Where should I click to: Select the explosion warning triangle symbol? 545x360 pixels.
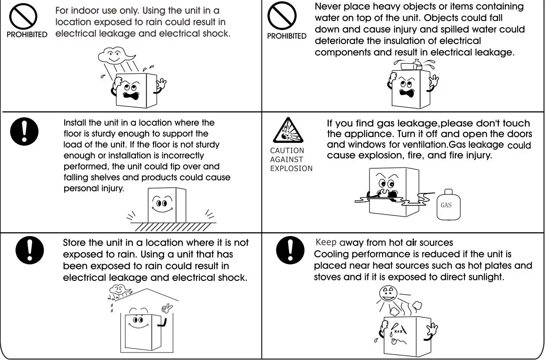(287, 131)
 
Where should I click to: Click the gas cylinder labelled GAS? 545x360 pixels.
(446, 205)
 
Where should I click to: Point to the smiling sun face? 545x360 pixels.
(387, 295)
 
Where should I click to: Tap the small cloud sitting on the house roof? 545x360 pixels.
(119, 291)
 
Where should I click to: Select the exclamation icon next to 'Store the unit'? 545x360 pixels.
(29, 251)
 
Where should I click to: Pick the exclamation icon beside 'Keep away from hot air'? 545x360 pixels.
(290, 251)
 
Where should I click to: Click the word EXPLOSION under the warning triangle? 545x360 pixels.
(291, 168)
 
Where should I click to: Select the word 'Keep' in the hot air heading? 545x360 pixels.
(326, 242)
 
